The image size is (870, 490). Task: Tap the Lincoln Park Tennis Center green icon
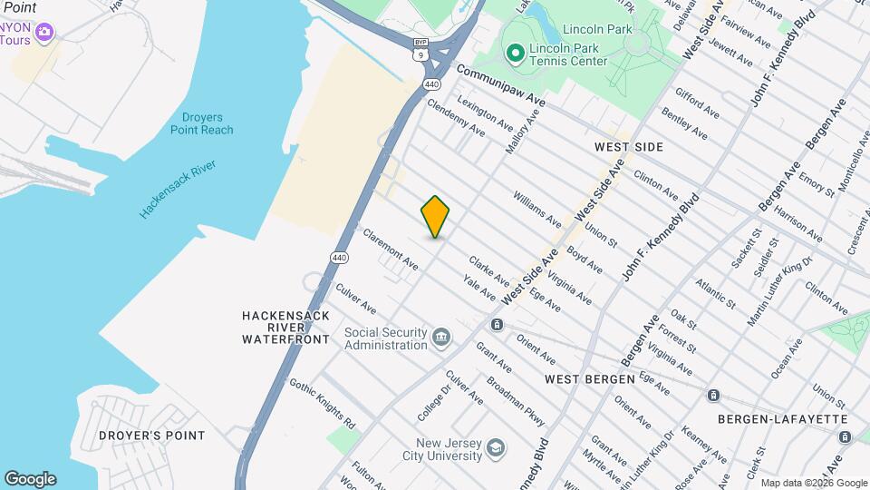click(x=516, y=54)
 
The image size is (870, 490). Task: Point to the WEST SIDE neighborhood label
click(x=629, y=147)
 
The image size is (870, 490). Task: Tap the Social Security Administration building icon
click(x=441, y=338)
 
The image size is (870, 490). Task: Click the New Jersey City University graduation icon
click(x=495, y=446)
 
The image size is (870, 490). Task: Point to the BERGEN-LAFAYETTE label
click(x=782, y=419)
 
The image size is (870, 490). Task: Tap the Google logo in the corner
click(x=30, y=479)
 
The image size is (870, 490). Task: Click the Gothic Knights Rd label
click(x=322, y=403)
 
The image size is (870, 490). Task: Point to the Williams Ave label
click(x=537, y=208)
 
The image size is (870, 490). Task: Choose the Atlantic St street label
click(x=715, y=292)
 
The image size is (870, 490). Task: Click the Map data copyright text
click(x=813, y=483)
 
